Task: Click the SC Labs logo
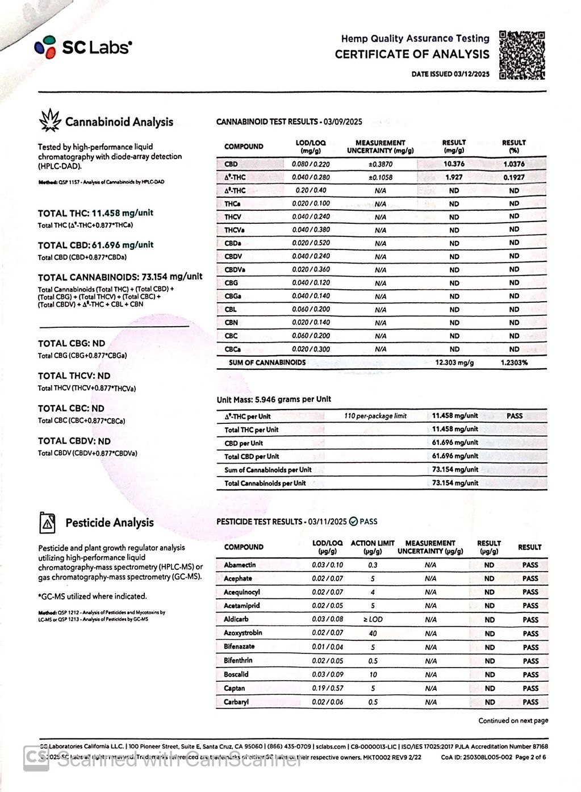coord(83,48)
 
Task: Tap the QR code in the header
coord(522,55)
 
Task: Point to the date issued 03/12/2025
coord(450,74)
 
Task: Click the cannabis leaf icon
coord(49,120)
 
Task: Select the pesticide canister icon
coord(48,523)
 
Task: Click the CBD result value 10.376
coord(454,164)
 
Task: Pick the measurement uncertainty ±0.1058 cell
coord(380,177)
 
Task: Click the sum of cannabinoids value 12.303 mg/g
coord(454,362)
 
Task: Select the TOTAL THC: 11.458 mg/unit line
coord(95,213)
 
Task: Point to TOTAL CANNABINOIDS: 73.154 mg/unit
coord(120,277)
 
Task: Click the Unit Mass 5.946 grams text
coord(274,399)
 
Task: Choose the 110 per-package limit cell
coord(375,416)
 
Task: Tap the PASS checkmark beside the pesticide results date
coord(353,522)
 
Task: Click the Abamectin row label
coord(240,565)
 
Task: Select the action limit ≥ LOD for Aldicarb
coord(373,619)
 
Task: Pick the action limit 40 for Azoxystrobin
coord(373,633)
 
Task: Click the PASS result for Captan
coord(530,688)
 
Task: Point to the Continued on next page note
coord(513,720)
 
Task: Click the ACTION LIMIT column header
coord(373,547)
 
